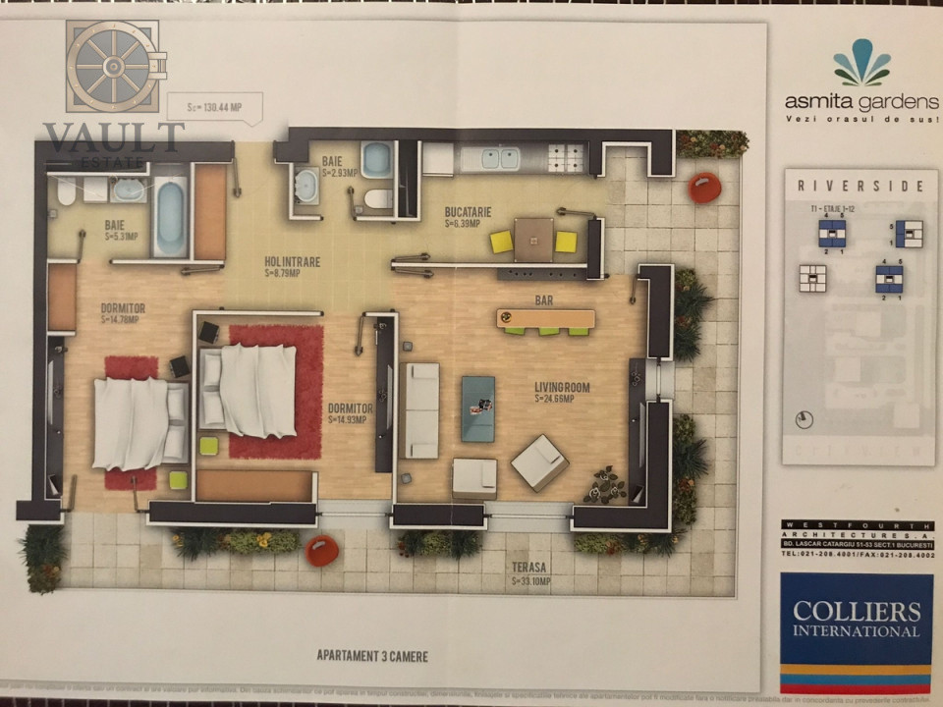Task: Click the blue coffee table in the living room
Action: click(x=478, y=408)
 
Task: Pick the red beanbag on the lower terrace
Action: click(x=321, y=551)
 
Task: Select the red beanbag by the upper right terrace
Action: click(x=704, y=187)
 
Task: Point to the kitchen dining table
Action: click(x=533, y=239)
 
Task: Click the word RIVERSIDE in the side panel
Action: click(x=860, y=186)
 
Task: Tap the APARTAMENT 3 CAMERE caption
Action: click(x=372, y=655)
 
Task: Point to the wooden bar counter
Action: click(x=545, y=318)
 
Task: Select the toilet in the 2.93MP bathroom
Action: click(x=377, y=199)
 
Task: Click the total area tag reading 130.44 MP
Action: click(x=212, y=107)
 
